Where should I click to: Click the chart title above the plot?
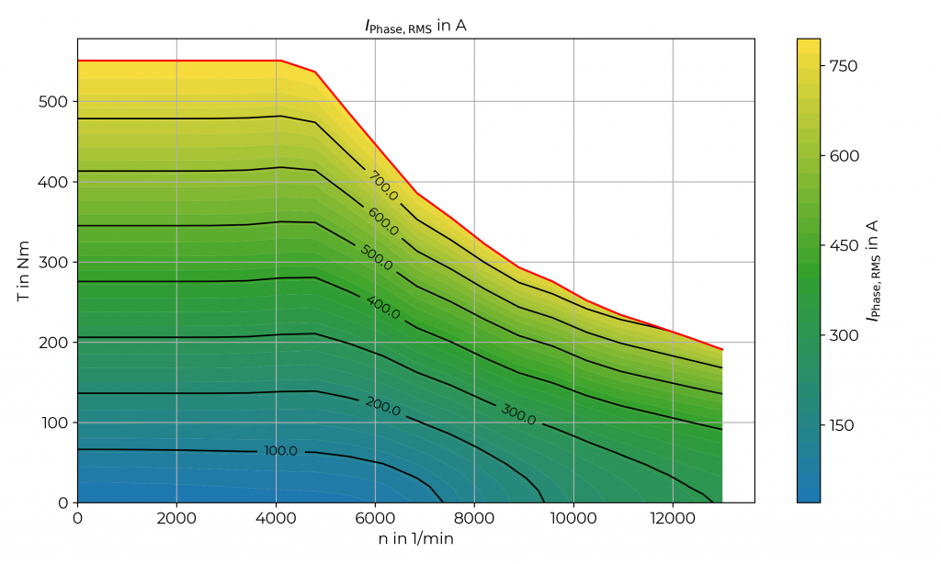pos(415,26)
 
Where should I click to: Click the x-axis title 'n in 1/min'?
pos(415,539)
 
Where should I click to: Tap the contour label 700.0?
pos(383,186)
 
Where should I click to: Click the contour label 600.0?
pos(383,220)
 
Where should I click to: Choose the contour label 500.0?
pos(377,258)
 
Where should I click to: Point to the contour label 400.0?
pos(383,308)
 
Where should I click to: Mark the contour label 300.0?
pos(518,414)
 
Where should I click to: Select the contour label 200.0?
pos(383,405)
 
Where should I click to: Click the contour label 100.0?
pos(281,451)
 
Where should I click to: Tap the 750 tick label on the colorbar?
pos(844,66)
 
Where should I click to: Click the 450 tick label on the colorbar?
pos(844,245)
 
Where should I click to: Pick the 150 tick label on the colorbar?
pos(844,425)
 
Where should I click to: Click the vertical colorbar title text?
pos(873,270)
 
